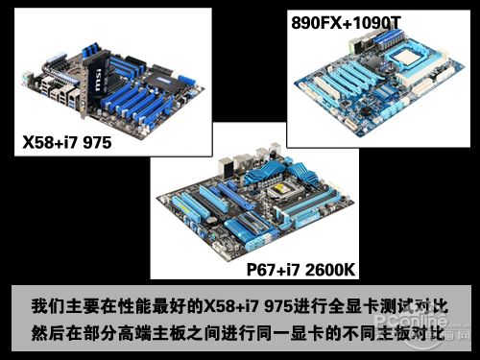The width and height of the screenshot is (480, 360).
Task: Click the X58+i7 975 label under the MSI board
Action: (67, 142)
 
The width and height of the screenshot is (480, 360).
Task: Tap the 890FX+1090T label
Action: (346, 23)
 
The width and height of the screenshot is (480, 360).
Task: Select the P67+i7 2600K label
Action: (300, 270)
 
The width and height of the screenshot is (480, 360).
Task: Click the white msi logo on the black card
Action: (99, 80)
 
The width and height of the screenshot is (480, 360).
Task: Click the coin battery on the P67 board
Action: (211, 220)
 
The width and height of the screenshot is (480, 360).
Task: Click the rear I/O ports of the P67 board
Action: (248, 160)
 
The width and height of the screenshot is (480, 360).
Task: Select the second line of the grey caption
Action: (238, 333)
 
